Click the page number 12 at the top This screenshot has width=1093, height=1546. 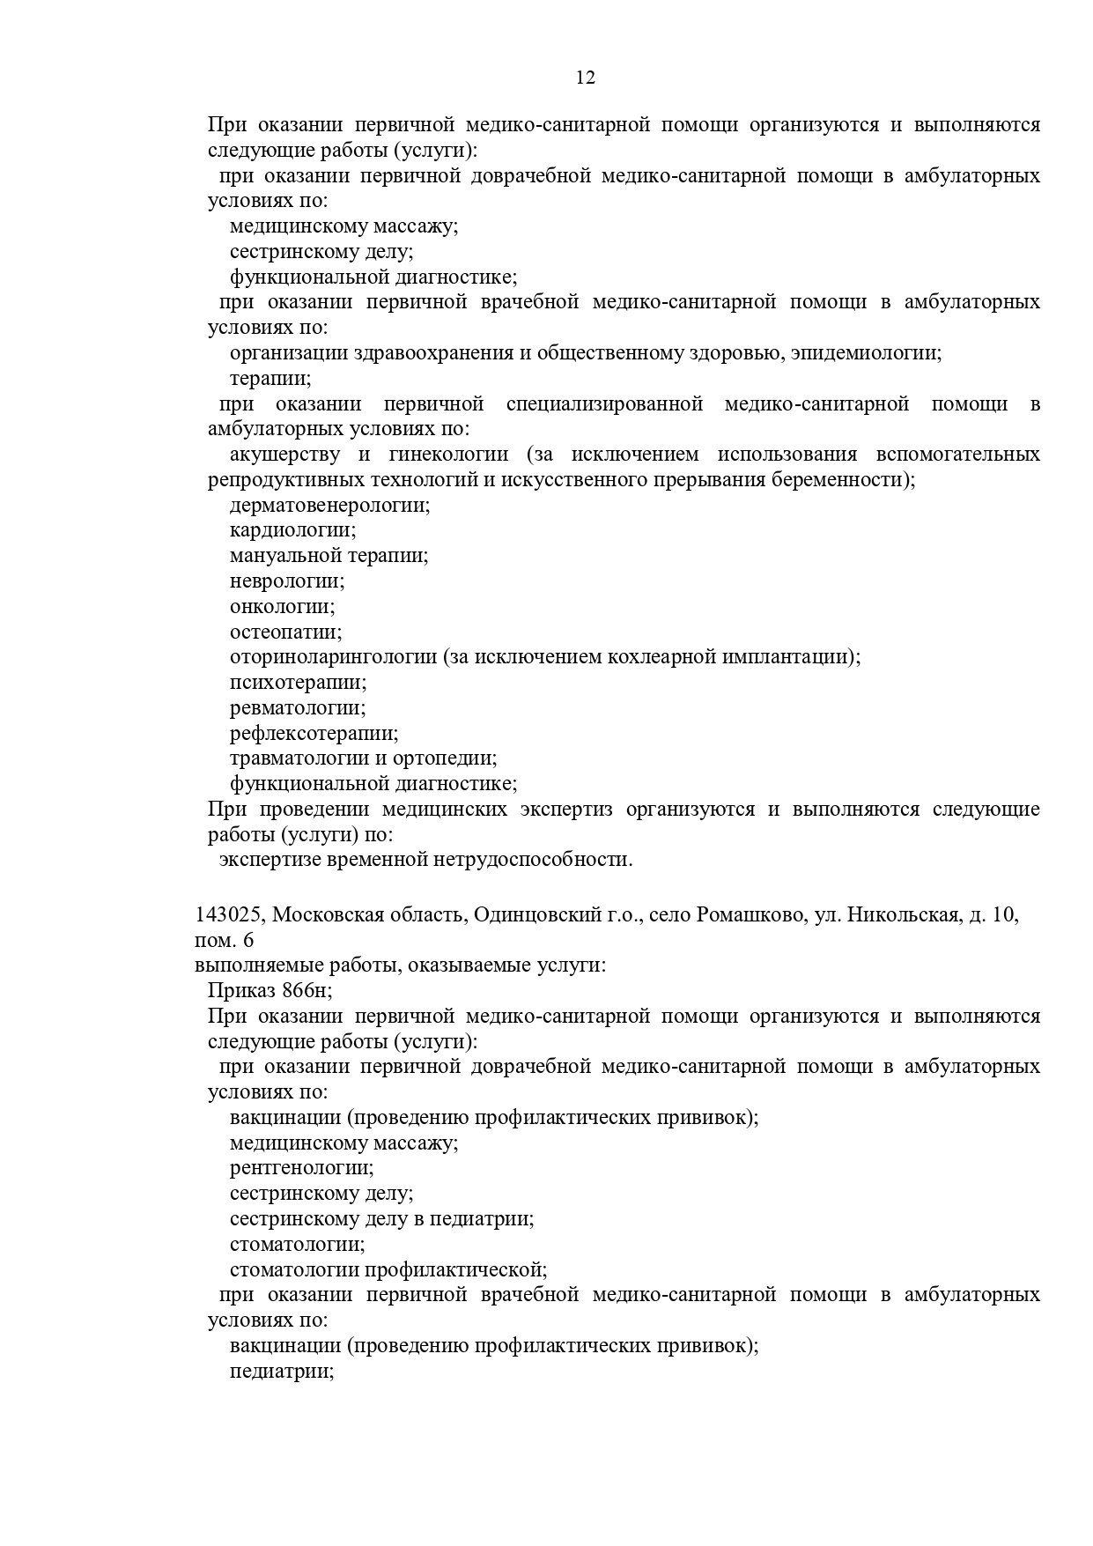tap(586, 78)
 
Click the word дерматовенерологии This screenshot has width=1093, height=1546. tap(329, 506)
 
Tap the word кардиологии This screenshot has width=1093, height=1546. tap(292, 531)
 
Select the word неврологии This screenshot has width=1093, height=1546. tap(286, 581)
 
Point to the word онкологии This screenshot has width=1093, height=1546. tap(282, 607)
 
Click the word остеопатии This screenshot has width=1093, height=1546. tap(285, 632)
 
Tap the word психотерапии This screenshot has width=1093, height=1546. tap(298, 683)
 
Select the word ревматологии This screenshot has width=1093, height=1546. tap(297, 708)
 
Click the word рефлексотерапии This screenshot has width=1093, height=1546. tap(314, 734)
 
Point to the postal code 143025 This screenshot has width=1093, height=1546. tap(229, 915)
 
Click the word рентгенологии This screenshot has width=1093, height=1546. tap(301, 1169)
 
